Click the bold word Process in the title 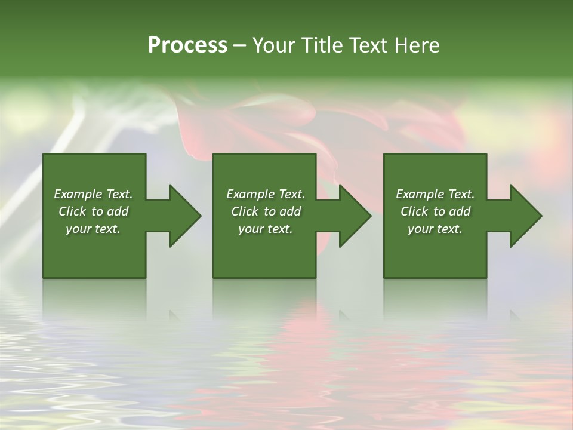[x=187, y=45]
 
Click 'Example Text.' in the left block [x=94, y=194]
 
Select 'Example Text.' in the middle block [x=266, y=194]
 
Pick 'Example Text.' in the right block [x=435, y=194]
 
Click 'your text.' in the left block [x=93, y=229]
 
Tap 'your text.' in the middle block [x=265, y=229]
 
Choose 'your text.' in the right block [x=435, y=229]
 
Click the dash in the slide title [x=239, y=46]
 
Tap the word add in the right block [x=458, y=211]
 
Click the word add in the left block [x=117, y=211]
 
